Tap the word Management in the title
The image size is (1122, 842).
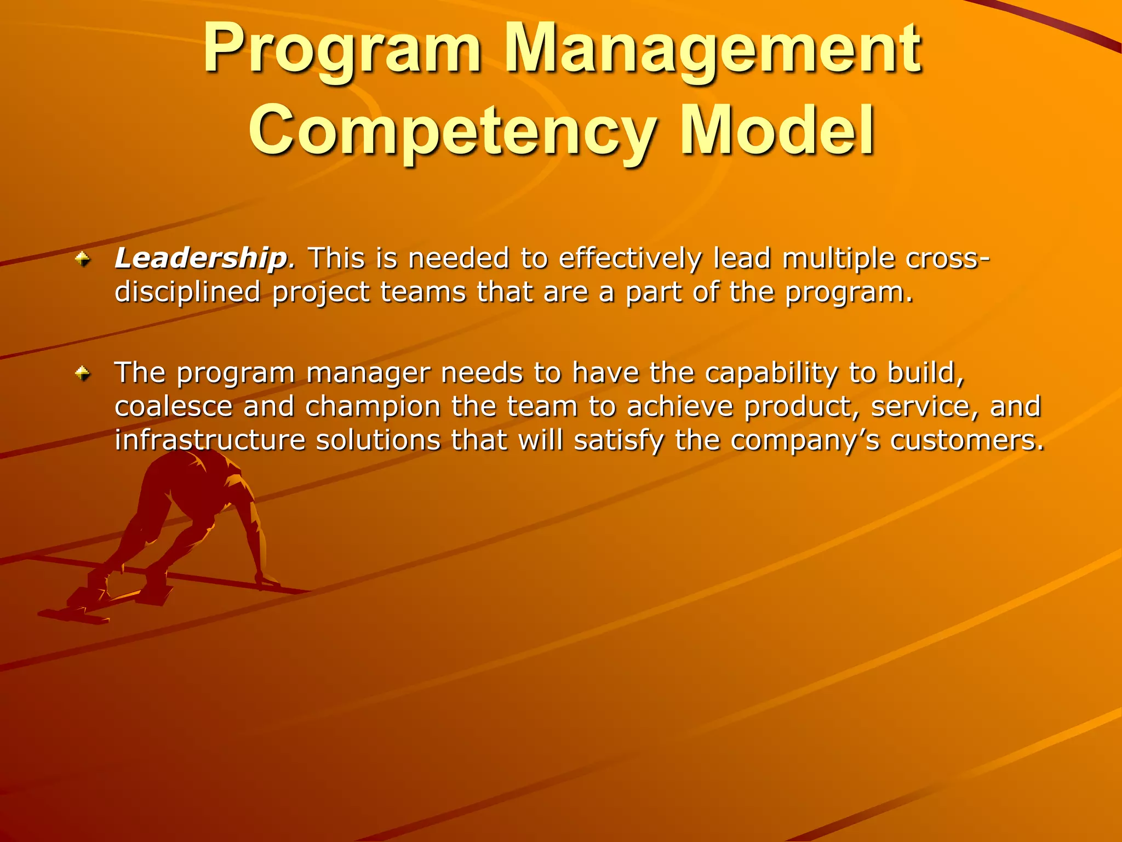(x=712, y=49)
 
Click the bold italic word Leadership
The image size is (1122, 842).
(x=201, y=258)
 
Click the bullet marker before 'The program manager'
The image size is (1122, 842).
(x=83, y=374)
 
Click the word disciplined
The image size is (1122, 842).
(x=187, y=292)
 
